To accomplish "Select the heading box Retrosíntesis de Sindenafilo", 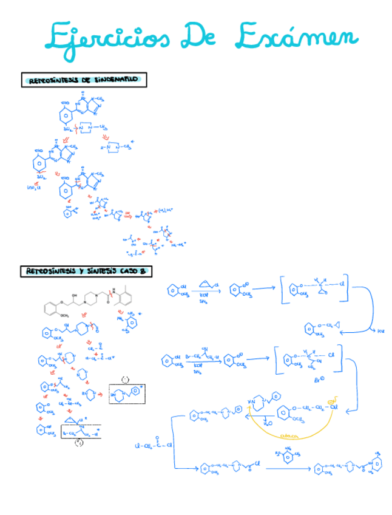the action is point(84,80).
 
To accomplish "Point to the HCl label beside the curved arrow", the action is point(380,331).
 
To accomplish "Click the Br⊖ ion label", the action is point(320,381).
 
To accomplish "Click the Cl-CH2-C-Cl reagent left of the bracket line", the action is point(154,445).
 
